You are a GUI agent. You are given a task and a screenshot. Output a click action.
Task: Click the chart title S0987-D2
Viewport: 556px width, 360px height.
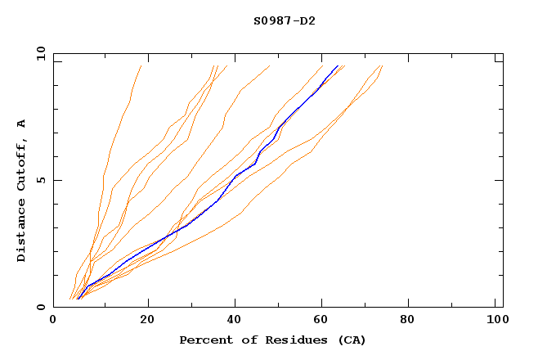tap(284, 20)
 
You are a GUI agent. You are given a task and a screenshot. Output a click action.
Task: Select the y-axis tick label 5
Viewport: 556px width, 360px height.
tap(40, 180)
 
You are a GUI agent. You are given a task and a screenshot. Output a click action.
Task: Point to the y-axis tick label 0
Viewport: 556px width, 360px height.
tap(40, 307)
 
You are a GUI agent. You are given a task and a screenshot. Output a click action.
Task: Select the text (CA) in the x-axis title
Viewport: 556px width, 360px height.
tap(350, 340)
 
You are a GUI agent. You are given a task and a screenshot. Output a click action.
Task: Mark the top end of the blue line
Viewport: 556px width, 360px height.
tap(338, 65)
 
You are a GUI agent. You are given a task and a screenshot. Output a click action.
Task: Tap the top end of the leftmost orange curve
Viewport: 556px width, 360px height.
tap(141, 65)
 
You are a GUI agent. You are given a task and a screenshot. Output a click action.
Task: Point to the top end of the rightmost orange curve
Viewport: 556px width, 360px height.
tap(382, 65)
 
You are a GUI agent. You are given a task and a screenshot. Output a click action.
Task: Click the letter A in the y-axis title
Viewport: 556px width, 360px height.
tap(22, 123)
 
